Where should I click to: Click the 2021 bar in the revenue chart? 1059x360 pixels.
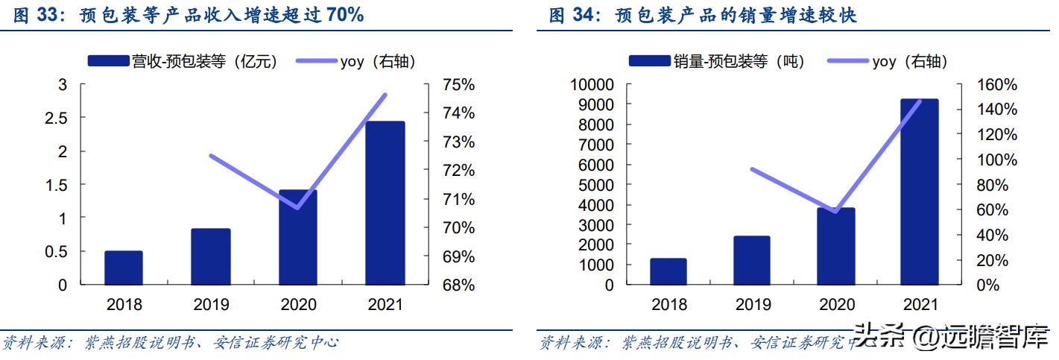pos(385,203)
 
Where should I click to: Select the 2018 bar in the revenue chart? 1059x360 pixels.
pos(123,268)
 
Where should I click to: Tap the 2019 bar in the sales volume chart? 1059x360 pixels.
pos(752,260)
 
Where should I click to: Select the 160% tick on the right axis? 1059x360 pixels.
pos(997,85)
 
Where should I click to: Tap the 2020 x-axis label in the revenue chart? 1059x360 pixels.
pos(297,305)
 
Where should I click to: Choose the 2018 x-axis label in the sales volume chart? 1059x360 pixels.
pos(668,305)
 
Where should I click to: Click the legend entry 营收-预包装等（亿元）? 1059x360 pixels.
pos(183,62)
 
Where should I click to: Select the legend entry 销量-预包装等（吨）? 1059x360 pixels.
pos(716,62)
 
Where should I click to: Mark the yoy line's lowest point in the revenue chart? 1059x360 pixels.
pos(298,207)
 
